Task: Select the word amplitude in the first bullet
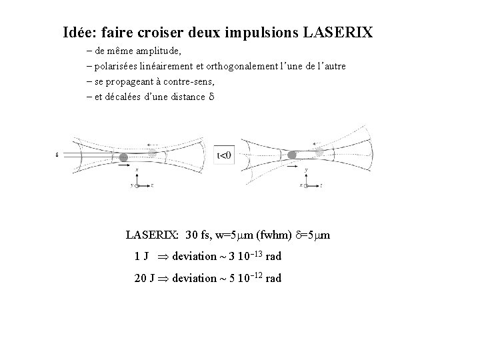click(157, 51)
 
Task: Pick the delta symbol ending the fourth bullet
click(211, 97)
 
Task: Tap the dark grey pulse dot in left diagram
click(123, 157)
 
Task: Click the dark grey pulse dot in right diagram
click(292, 155)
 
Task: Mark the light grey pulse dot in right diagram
click(321, 152)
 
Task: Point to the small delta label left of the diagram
click(58, 155)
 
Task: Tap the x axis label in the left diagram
click(137, 171)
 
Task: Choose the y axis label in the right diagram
click(305, 171)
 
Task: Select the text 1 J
click(141, 257)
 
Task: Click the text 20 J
click(144, 278)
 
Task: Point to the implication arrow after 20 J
click(162, 278)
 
